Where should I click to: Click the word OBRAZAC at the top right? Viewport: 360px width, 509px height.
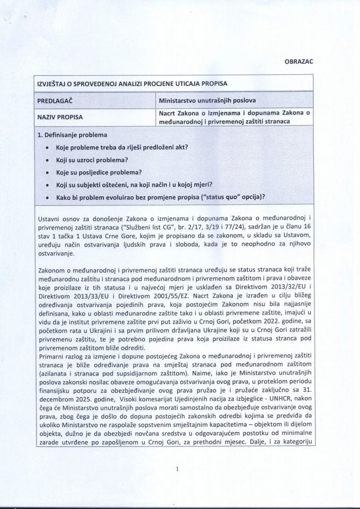(x=300, y=61)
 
